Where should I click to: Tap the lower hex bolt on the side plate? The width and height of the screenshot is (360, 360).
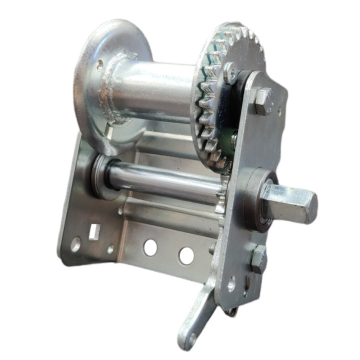tap(258, 259)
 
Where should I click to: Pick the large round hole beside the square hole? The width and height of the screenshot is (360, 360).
tap(75, 244)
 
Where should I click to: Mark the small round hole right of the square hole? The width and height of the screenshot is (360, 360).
tap(110, 248)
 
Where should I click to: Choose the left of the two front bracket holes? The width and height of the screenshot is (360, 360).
tap(150, 247)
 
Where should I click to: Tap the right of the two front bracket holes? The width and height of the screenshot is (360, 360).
tap(186, 255)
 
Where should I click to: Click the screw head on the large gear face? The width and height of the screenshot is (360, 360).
tap(230, 73)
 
